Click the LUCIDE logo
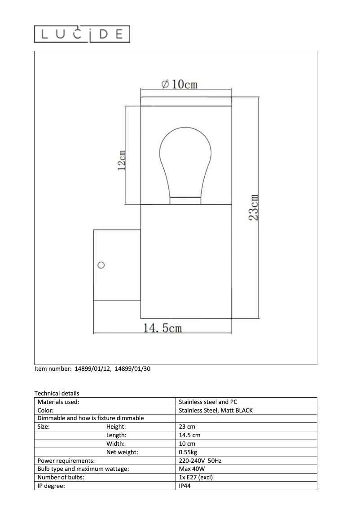82,34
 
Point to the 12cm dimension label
121,159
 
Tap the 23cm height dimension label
254,207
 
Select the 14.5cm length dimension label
162,328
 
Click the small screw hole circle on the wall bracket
101,265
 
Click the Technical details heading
57,393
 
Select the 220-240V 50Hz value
200,461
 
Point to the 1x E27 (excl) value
196,478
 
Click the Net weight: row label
122,452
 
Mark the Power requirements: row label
66,461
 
